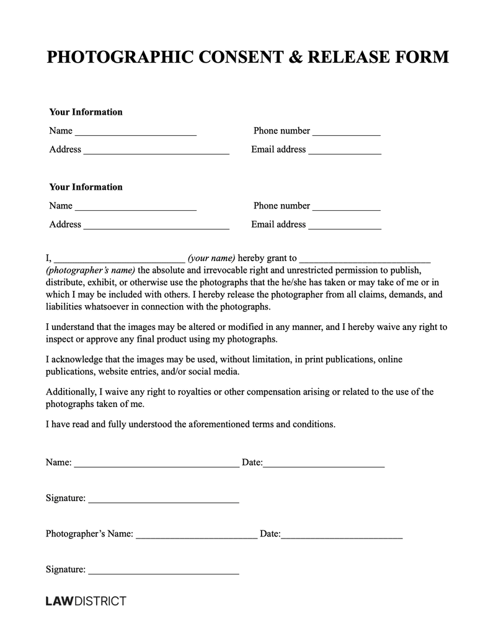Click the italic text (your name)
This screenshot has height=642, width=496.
(211, 258)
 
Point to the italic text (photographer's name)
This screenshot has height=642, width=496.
(91, 270)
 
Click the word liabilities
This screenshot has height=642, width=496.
(66, 307)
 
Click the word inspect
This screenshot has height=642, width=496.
(61, 339)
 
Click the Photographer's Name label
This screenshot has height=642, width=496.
(89, 533)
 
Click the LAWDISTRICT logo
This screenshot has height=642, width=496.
(86, 601)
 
